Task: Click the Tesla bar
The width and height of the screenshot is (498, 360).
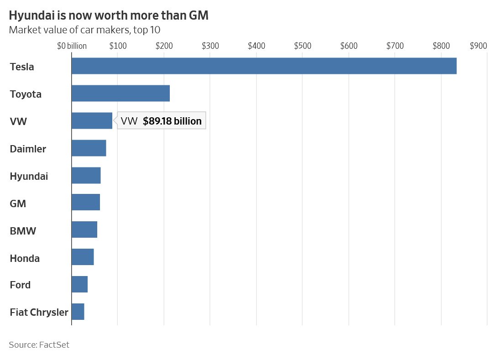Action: [264, 66]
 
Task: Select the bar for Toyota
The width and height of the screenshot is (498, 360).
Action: [121, 94]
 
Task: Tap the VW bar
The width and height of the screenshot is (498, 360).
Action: [92, 121]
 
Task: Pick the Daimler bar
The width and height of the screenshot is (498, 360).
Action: [89, 148]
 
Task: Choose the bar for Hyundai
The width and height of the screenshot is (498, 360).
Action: [86, 176]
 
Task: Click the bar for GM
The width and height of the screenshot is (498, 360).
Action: [85, 203]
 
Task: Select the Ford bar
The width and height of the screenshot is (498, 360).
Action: [79, 285]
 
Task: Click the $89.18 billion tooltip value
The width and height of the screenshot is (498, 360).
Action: [172, 121]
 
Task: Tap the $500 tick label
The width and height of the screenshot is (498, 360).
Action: [303, 46]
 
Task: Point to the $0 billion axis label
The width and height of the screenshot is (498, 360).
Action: [72, 46]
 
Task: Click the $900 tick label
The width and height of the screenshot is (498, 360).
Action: [478, 46]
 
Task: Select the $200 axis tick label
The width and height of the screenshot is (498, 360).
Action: [163, 46]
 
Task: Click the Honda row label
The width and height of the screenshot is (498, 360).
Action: [25, 258]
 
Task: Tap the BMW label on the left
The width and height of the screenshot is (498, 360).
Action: [23, 231]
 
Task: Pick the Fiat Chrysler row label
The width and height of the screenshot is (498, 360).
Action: [39, 313]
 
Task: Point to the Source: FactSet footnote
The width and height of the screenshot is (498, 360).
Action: [39, 345]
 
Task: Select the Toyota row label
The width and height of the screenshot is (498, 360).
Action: [26, 94]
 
